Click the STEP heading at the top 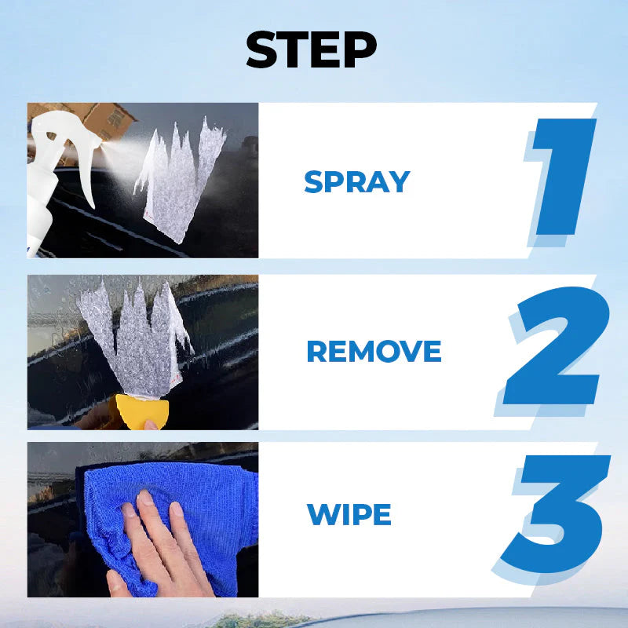(311, 49)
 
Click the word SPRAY (357, 182)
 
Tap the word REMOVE (374, 351)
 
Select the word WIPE (349, 514)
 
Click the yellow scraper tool (142, 411)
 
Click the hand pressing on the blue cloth (160, 549)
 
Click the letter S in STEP (262, 49)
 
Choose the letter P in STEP (361, 49)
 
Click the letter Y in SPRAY (399, 182)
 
